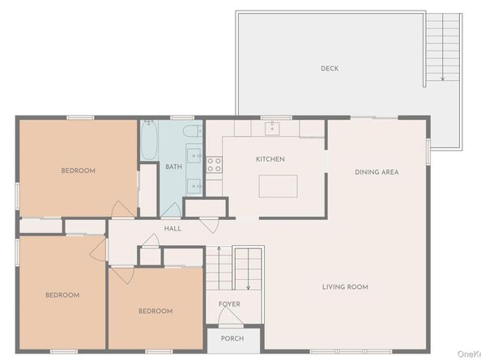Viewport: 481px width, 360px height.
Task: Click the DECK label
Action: [x=330, y=68]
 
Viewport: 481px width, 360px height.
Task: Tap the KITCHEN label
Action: [x=270, y=159]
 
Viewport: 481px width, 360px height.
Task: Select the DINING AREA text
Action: [x=377, y=172]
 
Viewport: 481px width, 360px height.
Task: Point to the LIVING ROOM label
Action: [x=345, y=287]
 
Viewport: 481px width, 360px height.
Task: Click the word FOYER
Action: [x=229, y=304]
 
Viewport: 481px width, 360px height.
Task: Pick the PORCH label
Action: [x=232, y=338]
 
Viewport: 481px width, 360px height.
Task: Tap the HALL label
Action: [x=172, y=229]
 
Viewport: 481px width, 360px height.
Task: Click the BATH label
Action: [x=173, y=167]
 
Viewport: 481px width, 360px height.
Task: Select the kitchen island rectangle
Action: [x=278, y=186]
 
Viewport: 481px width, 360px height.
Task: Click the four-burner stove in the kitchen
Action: [x=214, y=164]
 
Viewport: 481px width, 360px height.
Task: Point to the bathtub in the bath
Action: [x=149, y=140]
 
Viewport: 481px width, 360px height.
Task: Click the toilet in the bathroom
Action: [x=193, y=131]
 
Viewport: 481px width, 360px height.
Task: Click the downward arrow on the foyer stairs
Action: [x=248, y=269]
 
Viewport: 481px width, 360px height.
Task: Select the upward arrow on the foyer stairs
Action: [x=219, y=268]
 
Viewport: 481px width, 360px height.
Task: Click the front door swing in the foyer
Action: [x=230, y=316]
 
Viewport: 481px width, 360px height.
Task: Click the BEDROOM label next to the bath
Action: [x=79, y=171]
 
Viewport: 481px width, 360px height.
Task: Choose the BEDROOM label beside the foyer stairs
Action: [x=155, y=311]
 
